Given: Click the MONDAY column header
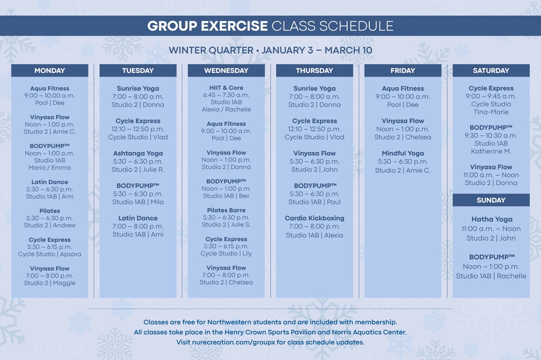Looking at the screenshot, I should (x=50, y=71).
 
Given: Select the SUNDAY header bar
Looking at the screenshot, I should (x=491, y=200).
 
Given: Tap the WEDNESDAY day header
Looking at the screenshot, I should (x=226, y=71).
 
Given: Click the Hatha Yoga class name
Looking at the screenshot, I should (x=492, y=219).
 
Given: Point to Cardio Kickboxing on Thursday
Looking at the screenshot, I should (x=314, y=218).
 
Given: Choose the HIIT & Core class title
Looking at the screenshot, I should (x=226, y=88).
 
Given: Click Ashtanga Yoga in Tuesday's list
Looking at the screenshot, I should (x=138, y=153).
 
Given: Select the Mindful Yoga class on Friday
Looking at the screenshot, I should (x=403, y=153).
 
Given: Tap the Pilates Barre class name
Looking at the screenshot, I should (x=226, y=210).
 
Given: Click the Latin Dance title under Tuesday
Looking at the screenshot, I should (x=138, y=218).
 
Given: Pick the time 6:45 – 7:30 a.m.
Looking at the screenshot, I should (x=226, y=95).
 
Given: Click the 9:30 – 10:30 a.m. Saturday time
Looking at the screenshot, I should (x=491, y=135).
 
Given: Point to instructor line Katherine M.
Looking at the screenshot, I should (x=491, y=151).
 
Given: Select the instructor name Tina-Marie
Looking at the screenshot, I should (x=491, y=112).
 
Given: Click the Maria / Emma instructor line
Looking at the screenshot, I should (x=50, y=168).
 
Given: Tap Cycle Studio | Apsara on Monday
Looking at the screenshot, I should (x=50, y=254).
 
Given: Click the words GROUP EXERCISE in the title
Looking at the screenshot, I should (x=207, y=26).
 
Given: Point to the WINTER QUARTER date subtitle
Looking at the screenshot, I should (x=270, y=50).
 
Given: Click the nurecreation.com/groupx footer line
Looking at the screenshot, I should (x=270, y=342).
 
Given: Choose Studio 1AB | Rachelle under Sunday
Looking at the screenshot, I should (x=491, y=276).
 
